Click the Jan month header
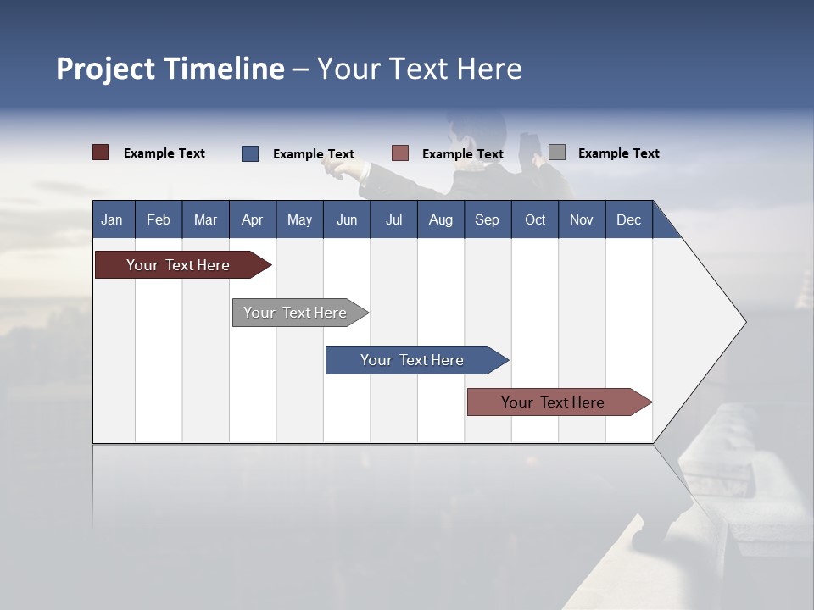tap(112, 219)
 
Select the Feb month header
tap(159, 219)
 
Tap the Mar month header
tap(205, 219)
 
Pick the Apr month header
tap(253, 219)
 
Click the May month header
tap(299, 219)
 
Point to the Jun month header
tap(347, 219)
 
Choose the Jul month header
tap(393, 219)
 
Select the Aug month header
tap(441, 219)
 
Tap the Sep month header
tap(488, 219)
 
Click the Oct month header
tap(535, 219)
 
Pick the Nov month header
tap(582, 219)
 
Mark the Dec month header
tap(629, 219)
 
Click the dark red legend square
tap(101, 152)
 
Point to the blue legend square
tap(250, 153)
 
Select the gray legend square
tap(557, 152)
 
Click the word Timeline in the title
tap(224, 69)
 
